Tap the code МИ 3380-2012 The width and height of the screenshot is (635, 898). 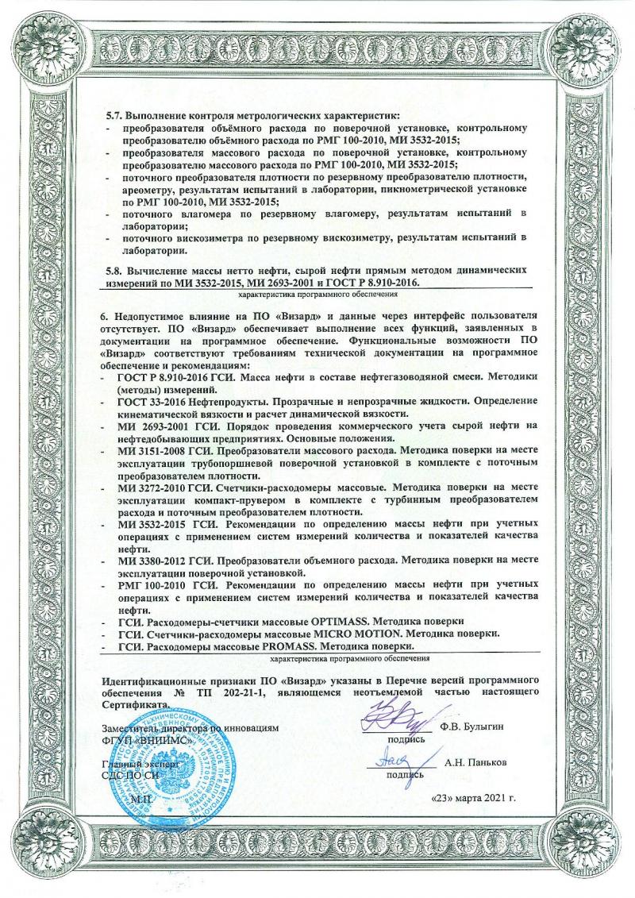(153, 561)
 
